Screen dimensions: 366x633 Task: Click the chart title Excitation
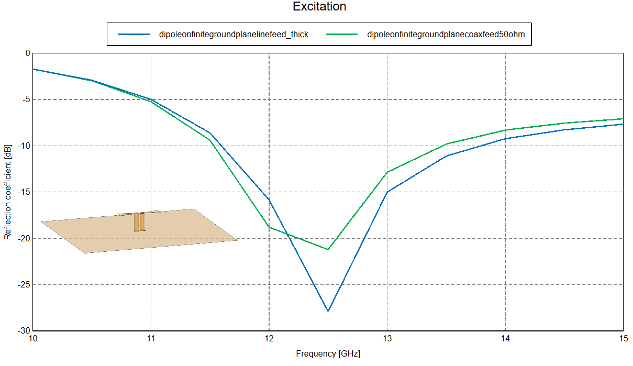click(x=319, y=7)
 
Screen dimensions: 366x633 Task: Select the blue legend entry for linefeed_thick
click(x=234, y=35)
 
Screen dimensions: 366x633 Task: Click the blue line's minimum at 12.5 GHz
click(x=328, y=311)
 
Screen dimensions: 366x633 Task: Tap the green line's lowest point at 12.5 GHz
click(x=328, y=249)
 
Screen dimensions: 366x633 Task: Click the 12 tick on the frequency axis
click(x=269, y=339)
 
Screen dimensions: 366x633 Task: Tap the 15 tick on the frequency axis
click(x=623, y=339)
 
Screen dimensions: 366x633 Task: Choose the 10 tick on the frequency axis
click(x=32, y=339)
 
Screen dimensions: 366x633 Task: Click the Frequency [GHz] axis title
click(x=328, y=353)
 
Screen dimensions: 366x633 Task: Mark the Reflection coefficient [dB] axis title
click(x=7, y=192)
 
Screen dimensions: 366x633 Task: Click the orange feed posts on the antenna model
click(x=139, y=222)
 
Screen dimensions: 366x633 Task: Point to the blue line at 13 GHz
click(x=387, y=192)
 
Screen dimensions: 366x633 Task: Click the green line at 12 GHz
click(x=269, y=227)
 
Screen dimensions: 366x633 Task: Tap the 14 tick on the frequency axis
click(x=505, y=339)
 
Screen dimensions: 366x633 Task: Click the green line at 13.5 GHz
click(x=446, y=144)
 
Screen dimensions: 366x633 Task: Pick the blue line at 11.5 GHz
click(x=209, y=132)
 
